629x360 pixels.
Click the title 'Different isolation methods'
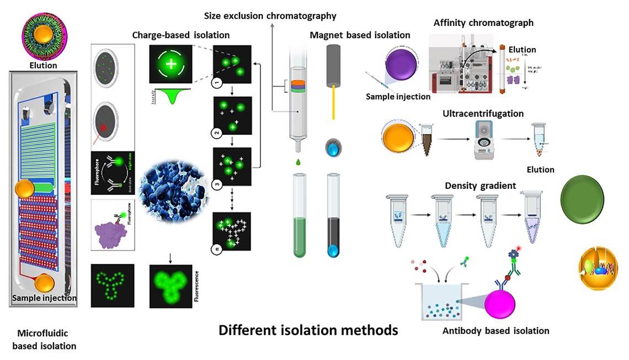[308, 330]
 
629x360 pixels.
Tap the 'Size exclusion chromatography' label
[270, 15]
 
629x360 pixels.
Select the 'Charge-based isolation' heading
[180, 35]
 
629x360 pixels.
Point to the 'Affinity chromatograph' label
[483, 23]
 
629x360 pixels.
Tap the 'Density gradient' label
[480, 186]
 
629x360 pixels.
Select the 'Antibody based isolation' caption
[495, 331]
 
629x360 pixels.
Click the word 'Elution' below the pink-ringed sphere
[44, 65]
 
